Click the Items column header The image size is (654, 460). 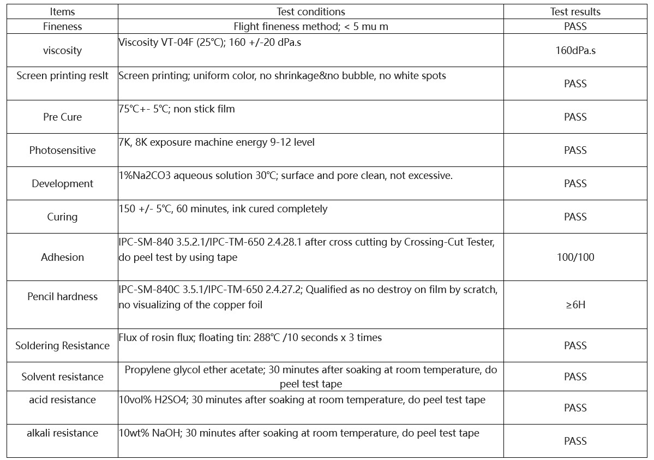pos(62,11)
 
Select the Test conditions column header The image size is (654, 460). pos(310,11)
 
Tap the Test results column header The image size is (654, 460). pos(575,11)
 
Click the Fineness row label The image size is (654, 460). pos(62,26)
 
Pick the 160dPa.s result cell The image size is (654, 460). pos(575,51)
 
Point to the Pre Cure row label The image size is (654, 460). pos(62,117)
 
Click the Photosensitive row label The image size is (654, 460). pos(62,150)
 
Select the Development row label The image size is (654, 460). pos(62,183)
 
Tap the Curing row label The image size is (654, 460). pos(62,217)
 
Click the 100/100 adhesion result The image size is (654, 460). pos(575,257)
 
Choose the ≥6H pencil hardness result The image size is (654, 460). pos(575,304)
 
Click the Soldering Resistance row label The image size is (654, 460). pos(62,345)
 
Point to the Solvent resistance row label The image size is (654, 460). pos(62,377)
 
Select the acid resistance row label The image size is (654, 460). pos(62,400)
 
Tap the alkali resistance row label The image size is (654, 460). pos(62,433)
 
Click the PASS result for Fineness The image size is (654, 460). pos(575,26)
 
